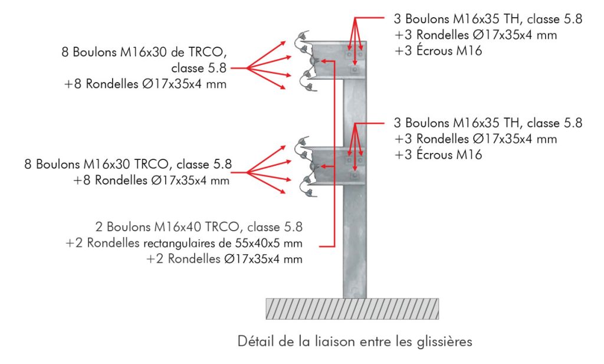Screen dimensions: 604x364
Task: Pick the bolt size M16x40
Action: point(178,227)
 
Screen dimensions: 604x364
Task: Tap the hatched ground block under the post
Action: point(352,309)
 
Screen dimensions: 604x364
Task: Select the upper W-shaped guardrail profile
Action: point(306,61)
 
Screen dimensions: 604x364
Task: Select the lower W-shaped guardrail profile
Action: point(306,166)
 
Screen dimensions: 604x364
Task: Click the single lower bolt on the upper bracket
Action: point(354,70)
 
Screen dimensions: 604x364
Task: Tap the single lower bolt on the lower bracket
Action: point(354,175)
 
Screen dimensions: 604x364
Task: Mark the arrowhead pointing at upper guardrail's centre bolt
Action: point(323,61)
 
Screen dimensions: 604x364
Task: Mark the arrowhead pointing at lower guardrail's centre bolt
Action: point(323,166)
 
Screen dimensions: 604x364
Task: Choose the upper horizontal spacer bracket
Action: point(340,60)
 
